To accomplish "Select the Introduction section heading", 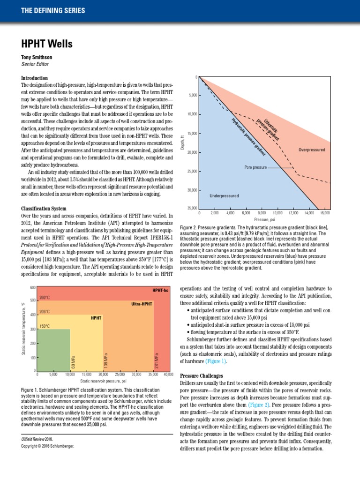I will pos(35,77).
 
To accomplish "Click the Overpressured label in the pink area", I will pos(311,150).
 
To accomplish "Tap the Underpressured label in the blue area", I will pos(224,195).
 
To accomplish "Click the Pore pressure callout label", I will pos(255,166).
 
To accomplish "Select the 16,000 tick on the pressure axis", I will pos(324,213).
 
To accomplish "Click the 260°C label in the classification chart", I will pos(45,297).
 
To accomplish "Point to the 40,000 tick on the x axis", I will pos(168,375).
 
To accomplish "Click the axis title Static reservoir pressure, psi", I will pos(103,381).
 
